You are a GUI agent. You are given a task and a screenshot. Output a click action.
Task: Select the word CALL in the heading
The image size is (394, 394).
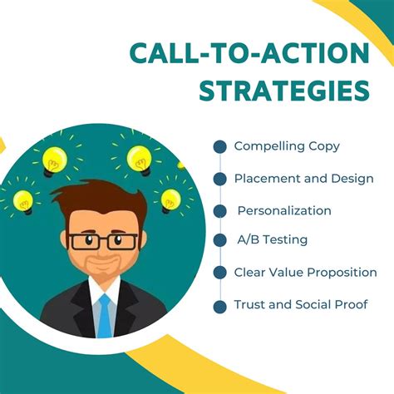coord(164,54)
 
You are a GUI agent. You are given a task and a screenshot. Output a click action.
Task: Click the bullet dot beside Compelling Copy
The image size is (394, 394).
coord(219,146)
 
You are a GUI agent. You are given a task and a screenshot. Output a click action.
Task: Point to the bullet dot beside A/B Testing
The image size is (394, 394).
coord(219,240)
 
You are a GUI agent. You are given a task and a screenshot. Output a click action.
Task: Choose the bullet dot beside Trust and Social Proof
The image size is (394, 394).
coord(219,306)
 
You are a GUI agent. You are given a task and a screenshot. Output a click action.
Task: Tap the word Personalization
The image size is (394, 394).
coord(284,210)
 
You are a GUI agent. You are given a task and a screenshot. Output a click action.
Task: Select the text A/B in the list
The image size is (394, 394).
coord(246,240)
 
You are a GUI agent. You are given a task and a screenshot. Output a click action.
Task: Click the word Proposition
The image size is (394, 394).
coord(342,273)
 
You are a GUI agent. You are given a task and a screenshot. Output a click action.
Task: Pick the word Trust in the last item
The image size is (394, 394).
coord(249,305)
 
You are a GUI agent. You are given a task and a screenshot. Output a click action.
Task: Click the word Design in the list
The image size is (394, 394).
coord(352,179)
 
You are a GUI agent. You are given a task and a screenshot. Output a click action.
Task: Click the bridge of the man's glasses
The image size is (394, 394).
coord(102,242)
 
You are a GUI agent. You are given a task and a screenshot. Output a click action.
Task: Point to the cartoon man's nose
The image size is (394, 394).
coord(102,252)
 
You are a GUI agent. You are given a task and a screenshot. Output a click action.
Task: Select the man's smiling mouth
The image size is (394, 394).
coord(102,268)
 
